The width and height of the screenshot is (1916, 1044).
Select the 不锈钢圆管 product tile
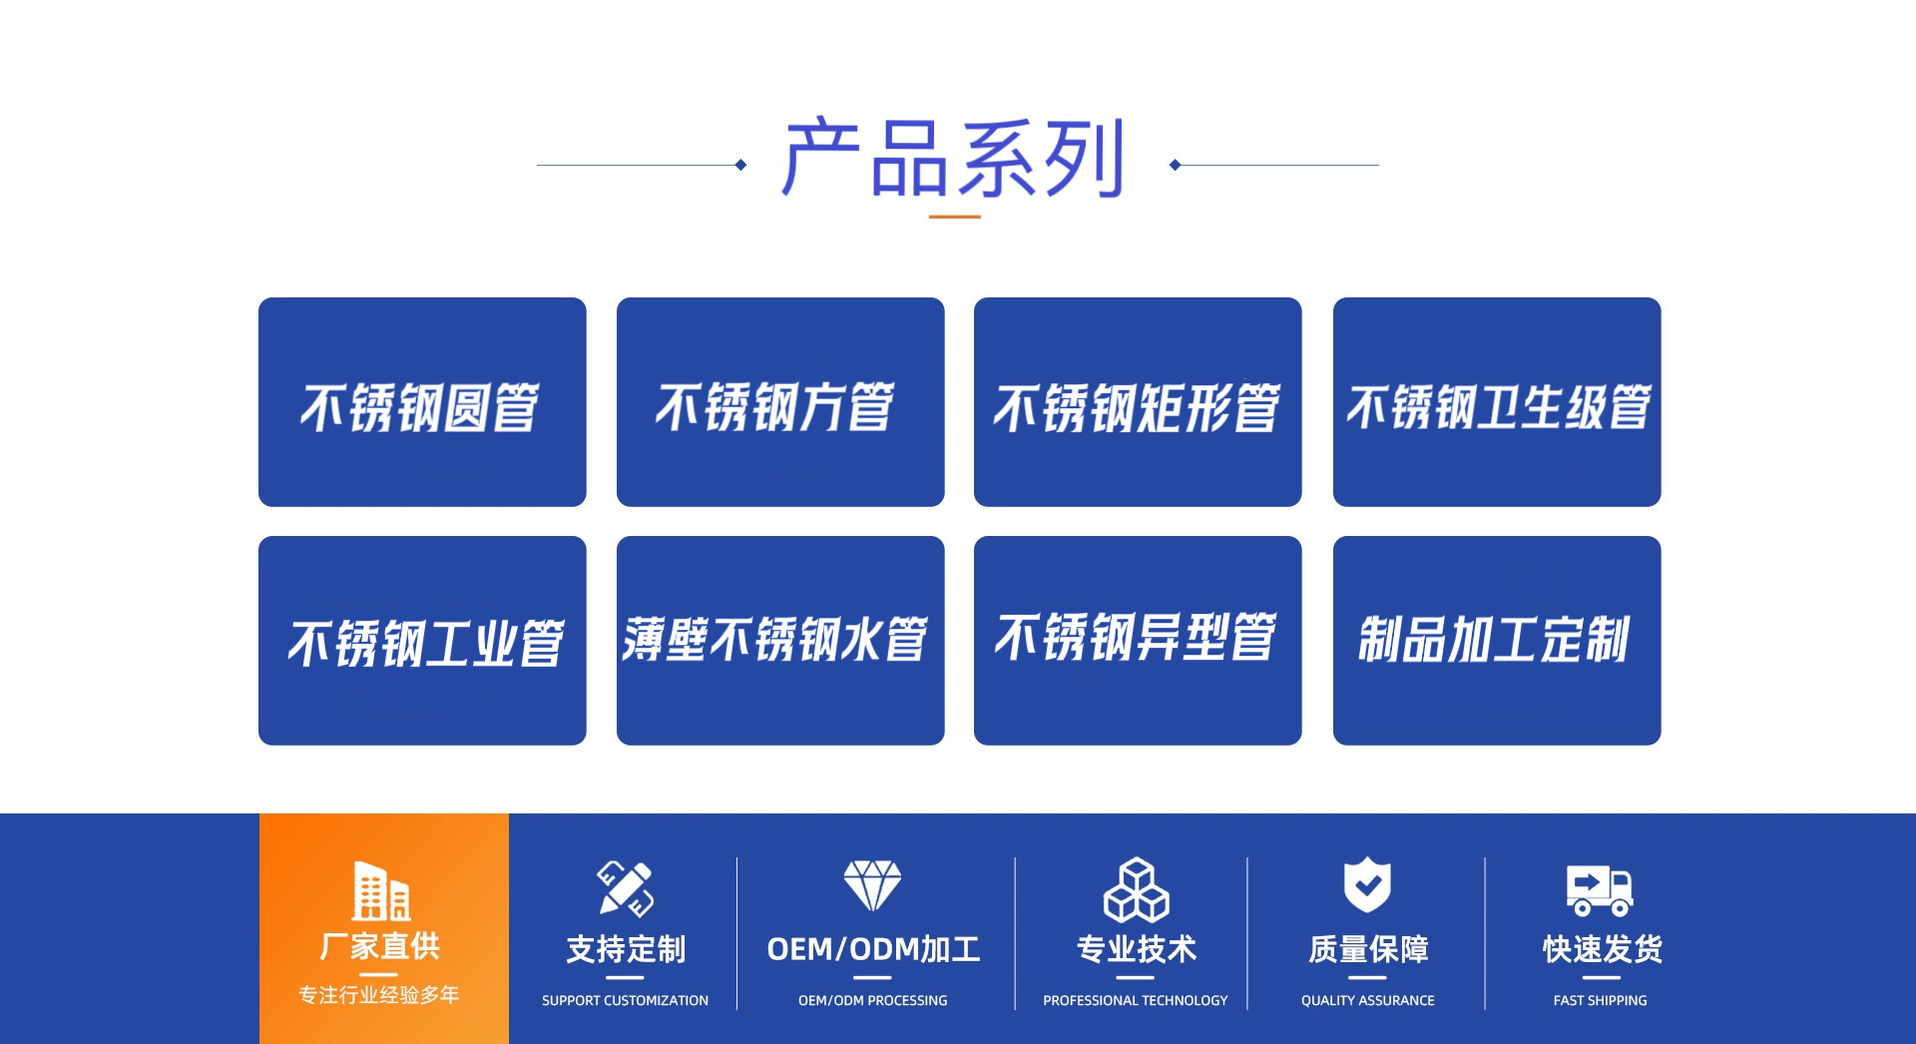422,402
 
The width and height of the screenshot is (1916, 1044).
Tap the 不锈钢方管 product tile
780,402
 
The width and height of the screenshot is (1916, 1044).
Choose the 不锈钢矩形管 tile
1138,402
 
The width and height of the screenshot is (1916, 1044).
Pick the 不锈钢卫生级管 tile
1497,402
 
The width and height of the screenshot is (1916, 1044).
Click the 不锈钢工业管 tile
422,641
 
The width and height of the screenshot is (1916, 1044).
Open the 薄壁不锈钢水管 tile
780,641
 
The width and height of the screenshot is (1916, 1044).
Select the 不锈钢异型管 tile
1138,641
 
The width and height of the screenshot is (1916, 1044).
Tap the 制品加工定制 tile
1497,641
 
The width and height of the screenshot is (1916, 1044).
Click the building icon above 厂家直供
381,890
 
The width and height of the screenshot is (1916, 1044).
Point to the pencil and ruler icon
626,887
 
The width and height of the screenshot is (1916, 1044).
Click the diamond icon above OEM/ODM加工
872,885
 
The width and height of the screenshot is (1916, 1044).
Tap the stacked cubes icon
1136,889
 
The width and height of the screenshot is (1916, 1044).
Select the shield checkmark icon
1367,884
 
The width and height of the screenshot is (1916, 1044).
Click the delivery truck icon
1600,889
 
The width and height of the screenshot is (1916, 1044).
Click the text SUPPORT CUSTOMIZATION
625,1000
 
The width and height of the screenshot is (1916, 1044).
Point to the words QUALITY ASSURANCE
1367,1000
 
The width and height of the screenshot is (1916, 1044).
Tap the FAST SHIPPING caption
1600,1000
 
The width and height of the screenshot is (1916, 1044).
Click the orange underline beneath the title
954,216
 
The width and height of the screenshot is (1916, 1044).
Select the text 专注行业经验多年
379,995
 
